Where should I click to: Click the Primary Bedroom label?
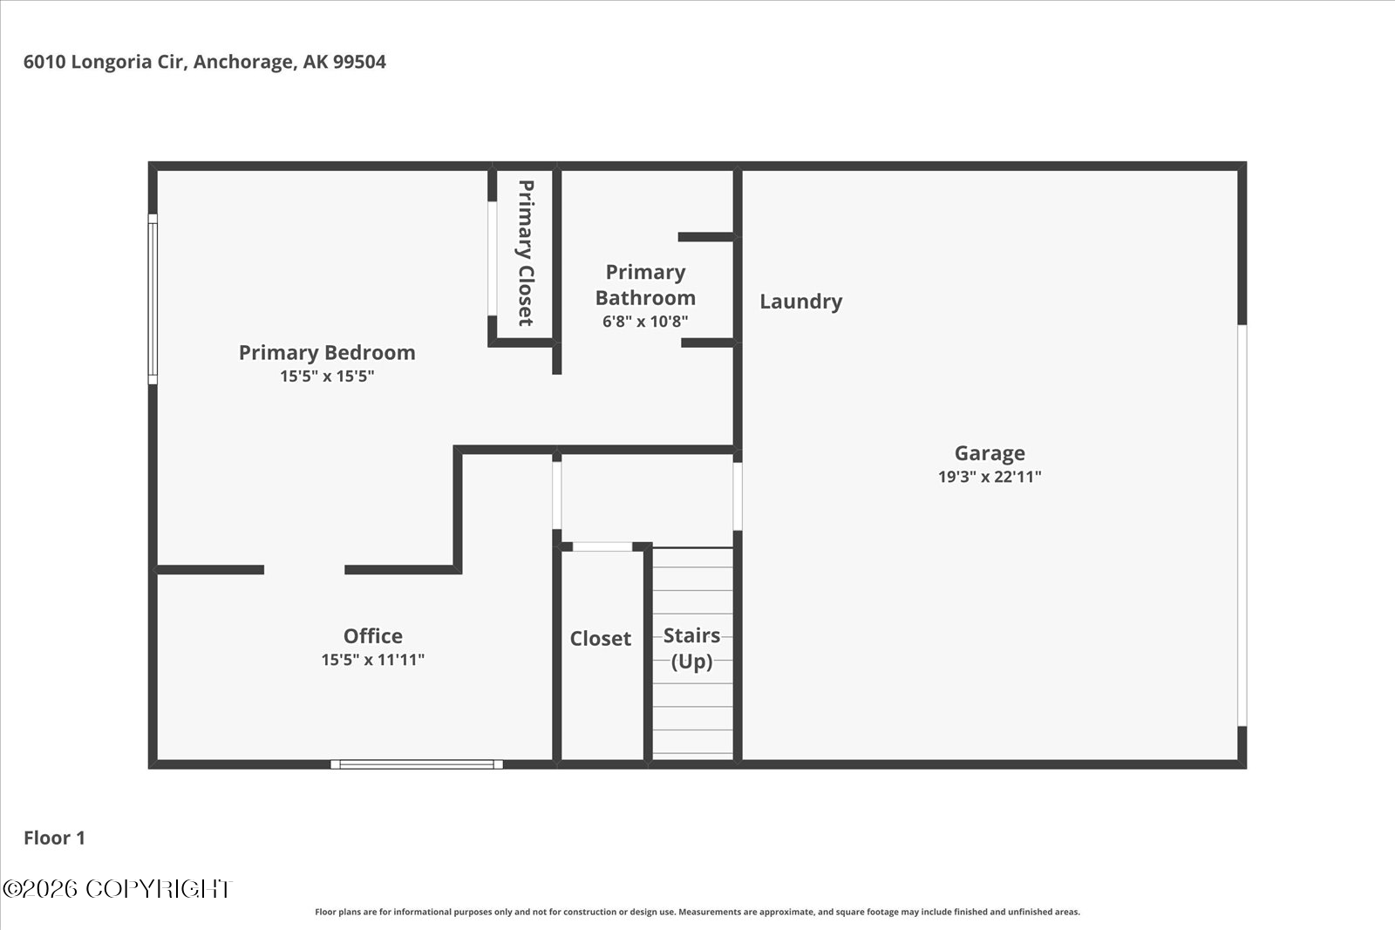tap(327, 352)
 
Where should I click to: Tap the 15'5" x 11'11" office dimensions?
tap(372, 660)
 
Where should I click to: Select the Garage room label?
tap(989, 453)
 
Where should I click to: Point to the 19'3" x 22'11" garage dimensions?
tap(989, 477)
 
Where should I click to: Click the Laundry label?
tap(800, 302)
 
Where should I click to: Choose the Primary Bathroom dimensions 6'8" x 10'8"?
tap(645, 322)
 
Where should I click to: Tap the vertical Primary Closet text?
tap(525, 253)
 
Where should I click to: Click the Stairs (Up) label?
tap(691, 648)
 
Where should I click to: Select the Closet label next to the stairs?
tap(600, 639)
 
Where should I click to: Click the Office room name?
tap(372, 636)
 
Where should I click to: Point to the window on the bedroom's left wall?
tap(153, 299)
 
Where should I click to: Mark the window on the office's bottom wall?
tap(417, 764)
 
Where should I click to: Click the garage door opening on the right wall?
tap(1242, 525)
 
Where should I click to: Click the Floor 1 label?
tap(54, 838)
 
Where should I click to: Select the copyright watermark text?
tap(117, 888)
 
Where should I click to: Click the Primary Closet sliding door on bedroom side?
tap(492, 258)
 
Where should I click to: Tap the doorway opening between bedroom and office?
tap(304, 570)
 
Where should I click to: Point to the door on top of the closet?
tap(602, 546)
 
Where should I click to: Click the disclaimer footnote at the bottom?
tap(697, 912)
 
